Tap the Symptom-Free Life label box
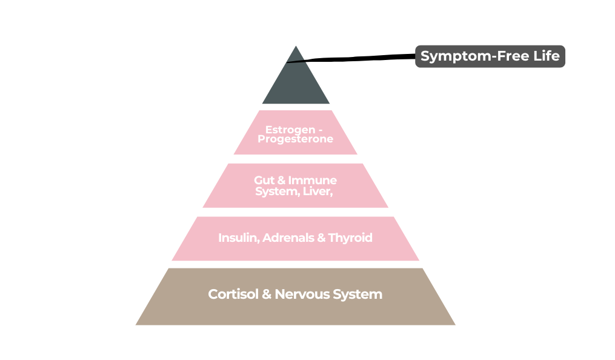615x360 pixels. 490,56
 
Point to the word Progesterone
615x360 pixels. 295,139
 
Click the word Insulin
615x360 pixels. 238,238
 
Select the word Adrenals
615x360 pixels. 287,238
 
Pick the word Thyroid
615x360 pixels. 350,238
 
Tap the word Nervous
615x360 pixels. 302,295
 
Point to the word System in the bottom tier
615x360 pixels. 357,295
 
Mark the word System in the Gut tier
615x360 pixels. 275,192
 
